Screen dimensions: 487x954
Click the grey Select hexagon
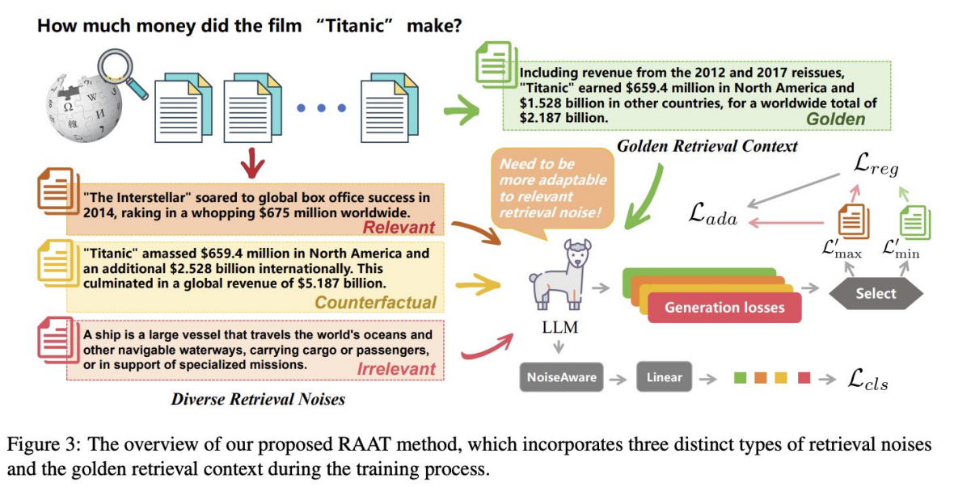click(x=876, y=293)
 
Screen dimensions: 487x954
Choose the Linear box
click(x=664, y=376)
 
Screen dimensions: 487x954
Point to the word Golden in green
click(x=835, y=119)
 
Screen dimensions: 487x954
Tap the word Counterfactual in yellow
click(x=375, y=303)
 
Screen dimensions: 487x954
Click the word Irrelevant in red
click(x=396, y=370)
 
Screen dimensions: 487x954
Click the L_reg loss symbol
click(x=875, y=166)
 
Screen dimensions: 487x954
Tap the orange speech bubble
click(x=552, y=189)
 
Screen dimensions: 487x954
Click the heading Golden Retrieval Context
click(x=707, y=146)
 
